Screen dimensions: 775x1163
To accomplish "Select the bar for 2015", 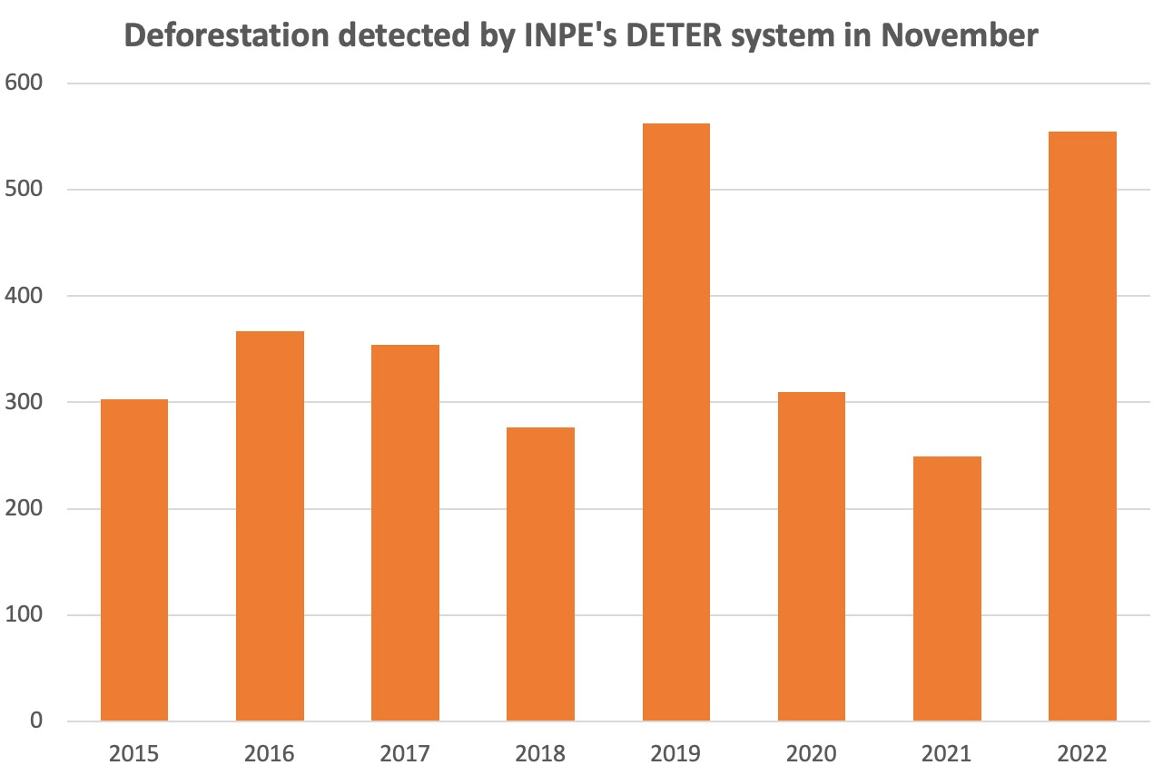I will point(134,560).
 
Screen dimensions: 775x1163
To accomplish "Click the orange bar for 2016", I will point(270,526).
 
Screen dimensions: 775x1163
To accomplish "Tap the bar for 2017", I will point(405,533).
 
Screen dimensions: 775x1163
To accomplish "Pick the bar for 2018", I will point(540,574).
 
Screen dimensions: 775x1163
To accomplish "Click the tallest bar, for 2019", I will point(675,422).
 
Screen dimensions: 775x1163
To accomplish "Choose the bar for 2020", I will point(812,556).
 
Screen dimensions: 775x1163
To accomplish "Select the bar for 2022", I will point(1082,427).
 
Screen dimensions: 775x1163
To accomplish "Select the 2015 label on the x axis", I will point(134,753).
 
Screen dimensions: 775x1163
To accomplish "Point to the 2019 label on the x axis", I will point(675,753).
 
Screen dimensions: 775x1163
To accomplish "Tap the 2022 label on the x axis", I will point(1082,753).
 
